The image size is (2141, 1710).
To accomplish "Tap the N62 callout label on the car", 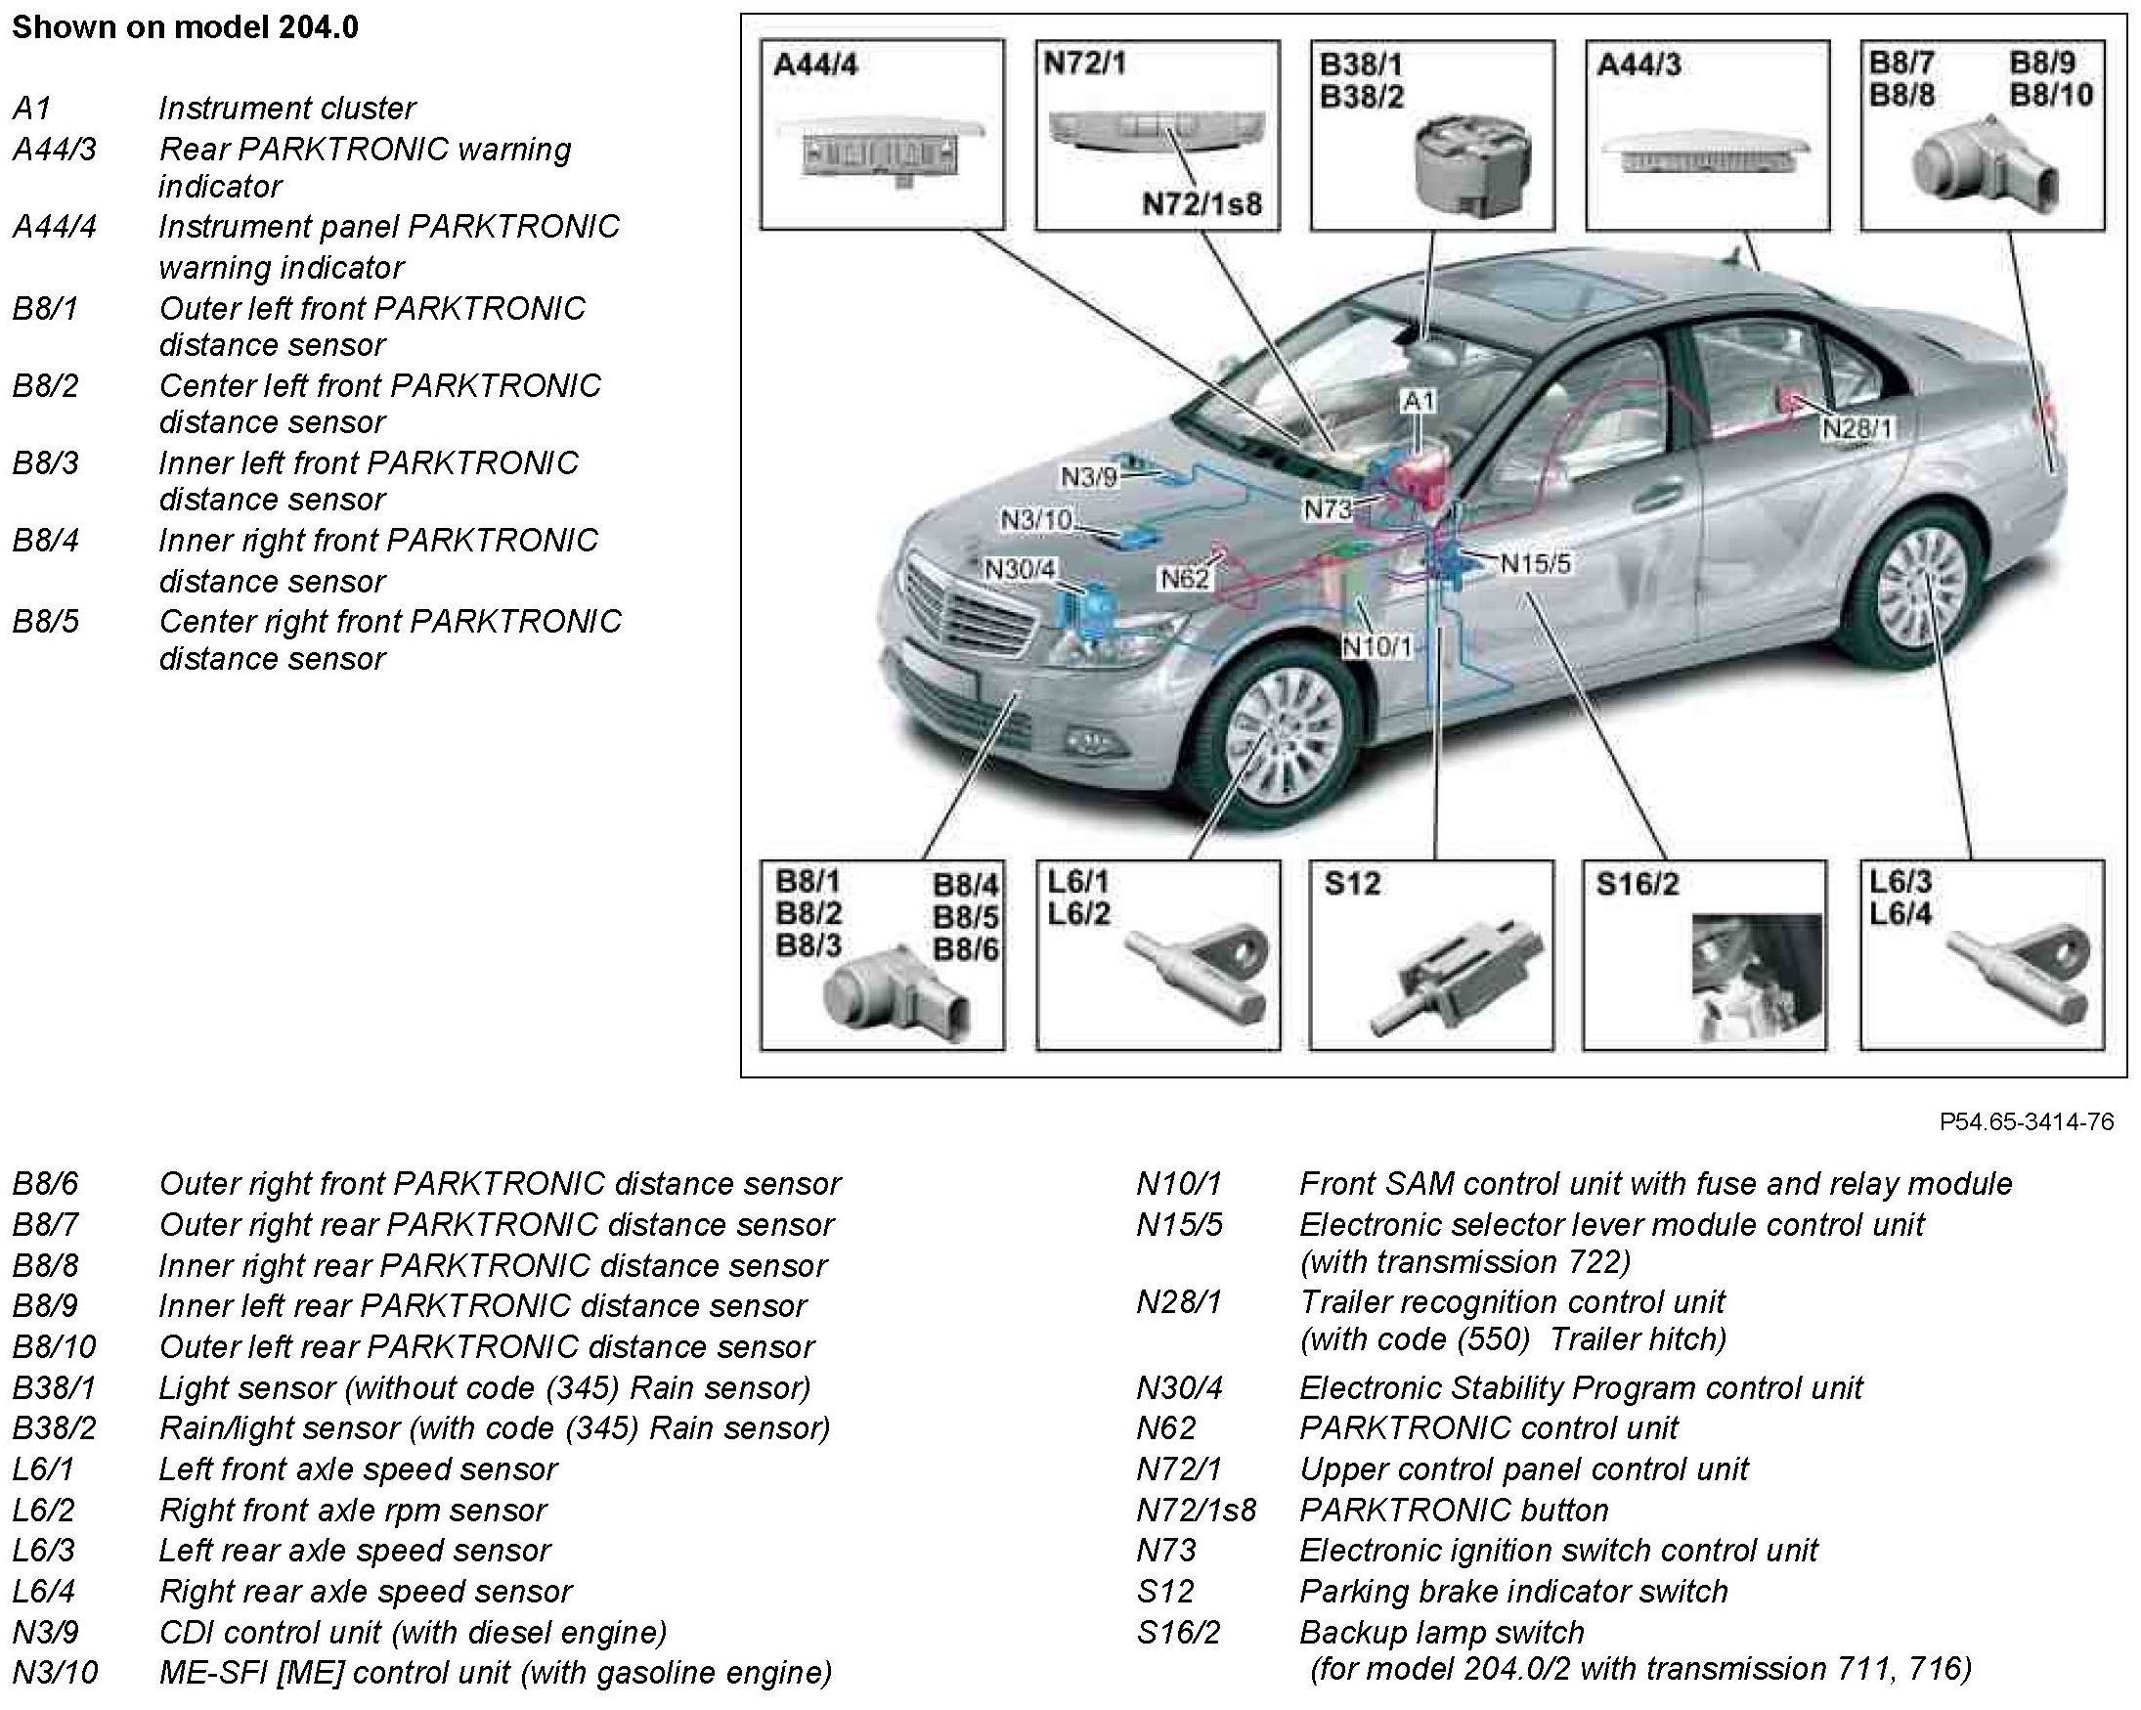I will (1185, 578).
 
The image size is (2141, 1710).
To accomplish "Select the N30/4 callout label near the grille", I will (1020, 569).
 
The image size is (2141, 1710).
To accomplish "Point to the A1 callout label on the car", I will (1419, 401).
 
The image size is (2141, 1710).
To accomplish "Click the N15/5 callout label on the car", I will (1535, 564).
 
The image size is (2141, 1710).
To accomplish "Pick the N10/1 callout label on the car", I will (1376, 646).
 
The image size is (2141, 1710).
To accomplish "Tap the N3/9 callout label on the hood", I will (1088, 478).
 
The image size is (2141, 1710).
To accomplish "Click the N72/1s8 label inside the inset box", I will (1201, 204).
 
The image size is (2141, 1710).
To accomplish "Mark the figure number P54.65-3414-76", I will (2026, 1121).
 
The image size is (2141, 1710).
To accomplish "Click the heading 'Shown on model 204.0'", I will (185, 26).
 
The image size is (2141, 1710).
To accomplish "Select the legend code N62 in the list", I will (1166, 1428).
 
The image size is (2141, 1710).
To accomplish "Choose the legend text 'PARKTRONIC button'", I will (1453, 1510).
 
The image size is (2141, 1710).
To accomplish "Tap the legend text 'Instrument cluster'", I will (286, 108).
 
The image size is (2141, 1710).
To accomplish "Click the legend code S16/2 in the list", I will (1178, 1632).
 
